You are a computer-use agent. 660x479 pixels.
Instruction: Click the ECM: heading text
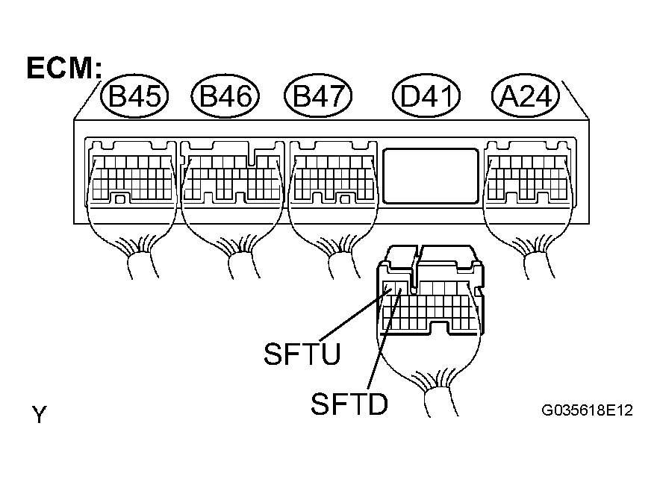(64, 68)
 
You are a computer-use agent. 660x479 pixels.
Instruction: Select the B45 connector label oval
(134, 96)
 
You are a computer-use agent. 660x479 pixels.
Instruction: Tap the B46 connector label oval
(225, 96)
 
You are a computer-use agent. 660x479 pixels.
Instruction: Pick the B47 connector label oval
(318, 96)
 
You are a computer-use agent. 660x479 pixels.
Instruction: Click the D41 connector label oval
(426, 96)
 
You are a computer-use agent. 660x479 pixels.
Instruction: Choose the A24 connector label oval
(526, 96)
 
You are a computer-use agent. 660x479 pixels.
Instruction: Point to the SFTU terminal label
(302, 354)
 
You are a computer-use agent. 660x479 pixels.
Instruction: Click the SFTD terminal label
(349, 404)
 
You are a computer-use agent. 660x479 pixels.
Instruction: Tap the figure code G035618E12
(587, 410)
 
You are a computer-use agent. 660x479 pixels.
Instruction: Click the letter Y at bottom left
(39, 414)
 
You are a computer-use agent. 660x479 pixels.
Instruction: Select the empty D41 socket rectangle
(431, 176)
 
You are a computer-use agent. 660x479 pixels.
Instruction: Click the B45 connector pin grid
(132, 178)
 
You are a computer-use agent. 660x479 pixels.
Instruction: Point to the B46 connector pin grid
(232, 178)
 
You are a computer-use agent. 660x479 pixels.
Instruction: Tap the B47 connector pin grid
(334, 178)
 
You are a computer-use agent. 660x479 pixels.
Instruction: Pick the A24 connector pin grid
(528, 178)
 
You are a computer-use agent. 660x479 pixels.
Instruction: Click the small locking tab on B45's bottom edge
(120, 199)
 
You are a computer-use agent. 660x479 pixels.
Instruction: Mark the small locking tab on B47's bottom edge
(346, 199)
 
